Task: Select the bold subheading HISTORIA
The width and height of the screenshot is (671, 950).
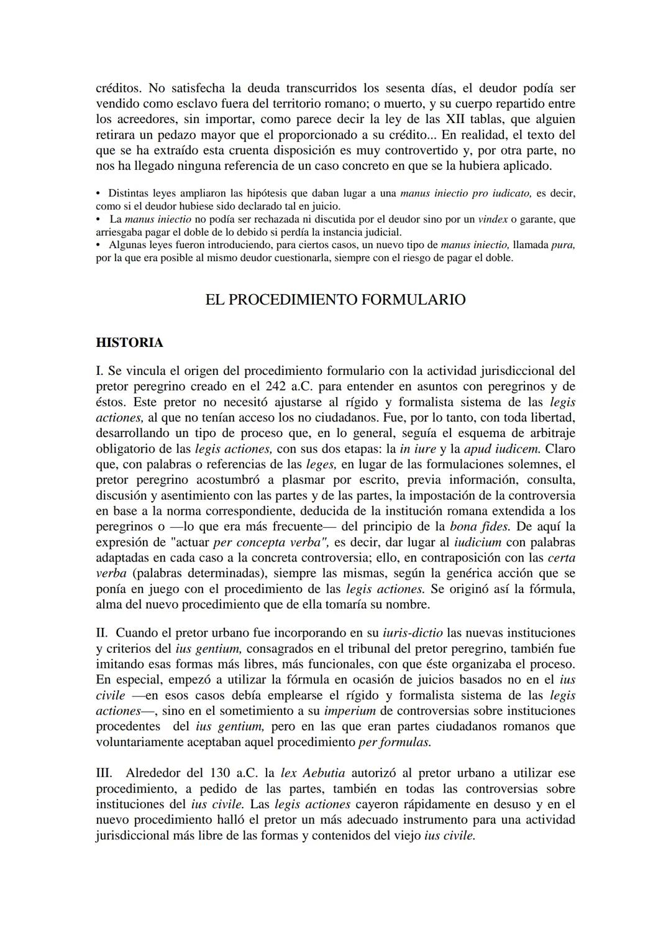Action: coord(129,343)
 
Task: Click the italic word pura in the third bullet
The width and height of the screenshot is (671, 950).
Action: coord(562,245)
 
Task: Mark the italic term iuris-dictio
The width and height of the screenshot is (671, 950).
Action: coord(413,633)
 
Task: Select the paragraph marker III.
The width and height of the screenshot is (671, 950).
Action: coord(104,773)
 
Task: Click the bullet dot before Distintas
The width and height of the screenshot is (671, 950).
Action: coord(98,193)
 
